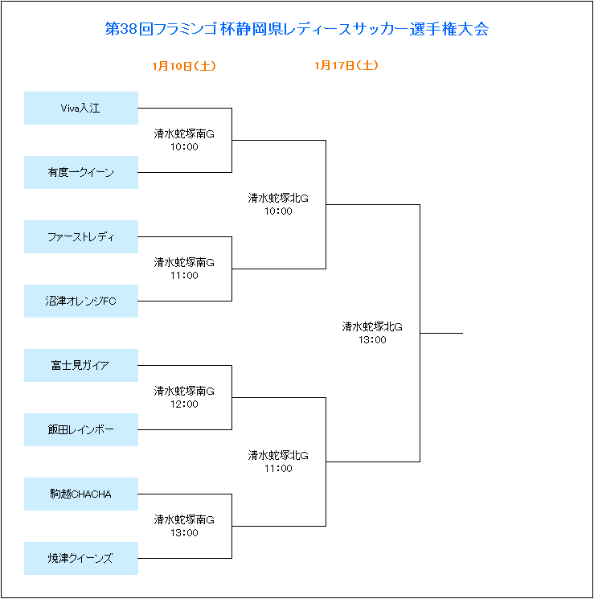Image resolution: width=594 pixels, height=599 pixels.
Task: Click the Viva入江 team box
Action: [81, 108]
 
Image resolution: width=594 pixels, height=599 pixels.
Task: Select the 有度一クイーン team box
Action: [81, 172]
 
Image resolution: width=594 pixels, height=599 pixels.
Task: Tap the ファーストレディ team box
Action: [81, 237]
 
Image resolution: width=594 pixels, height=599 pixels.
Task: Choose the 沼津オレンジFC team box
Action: [81, 301]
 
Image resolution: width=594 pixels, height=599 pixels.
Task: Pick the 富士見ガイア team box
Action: [81, 365]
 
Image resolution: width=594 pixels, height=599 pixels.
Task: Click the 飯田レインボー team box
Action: [81, 430]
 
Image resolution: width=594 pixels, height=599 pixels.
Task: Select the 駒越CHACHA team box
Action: [81, 494]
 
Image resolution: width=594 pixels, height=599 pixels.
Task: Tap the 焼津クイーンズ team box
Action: [81, 558]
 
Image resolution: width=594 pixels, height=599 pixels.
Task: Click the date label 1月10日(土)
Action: [184, 66]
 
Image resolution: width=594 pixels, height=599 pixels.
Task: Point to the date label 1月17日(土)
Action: [346, 65]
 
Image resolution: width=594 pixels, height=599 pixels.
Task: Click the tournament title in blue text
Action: [297, 29]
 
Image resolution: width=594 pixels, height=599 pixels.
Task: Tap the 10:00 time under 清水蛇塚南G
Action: [184, 147]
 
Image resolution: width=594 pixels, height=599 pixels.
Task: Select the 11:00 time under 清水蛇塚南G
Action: [184, 276]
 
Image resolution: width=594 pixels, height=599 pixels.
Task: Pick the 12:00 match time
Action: [184, 404]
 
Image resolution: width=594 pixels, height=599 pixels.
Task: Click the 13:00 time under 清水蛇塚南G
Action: [184, 533]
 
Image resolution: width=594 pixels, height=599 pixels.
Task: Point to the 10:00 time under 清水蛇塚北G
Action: [278, 211]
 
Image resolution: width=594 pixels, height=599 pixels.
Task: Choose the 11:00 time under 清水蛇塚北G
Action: [278, 469]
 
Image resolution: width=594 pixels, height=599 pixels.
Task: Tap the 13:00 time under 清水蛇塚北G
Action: [372, 340]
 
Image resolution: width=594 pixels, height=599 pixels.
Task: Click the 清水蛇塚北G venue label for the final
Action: [372, 327]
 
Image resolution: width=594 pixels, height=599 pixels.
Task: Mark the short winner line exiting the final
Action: [441, 333]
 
